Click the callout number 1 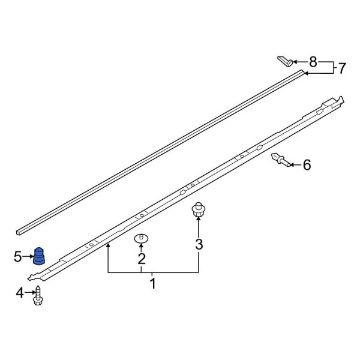point(153,283)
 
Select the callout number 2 point(142,259)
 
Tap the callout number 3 point(199,244)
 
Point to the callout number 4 point(19,293)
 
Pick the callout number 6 point(307,164)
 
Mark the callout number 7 point(341,68)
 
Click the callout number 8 point(313,61)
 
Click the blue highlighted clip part point(39,255)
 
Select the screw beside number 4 point(40,294)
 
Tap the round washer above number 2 point(142,238)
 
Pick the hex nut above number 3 point(199,209)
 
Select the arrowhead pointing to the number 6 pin point(292,163)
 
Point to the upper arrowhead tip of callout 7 point(304,73)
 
